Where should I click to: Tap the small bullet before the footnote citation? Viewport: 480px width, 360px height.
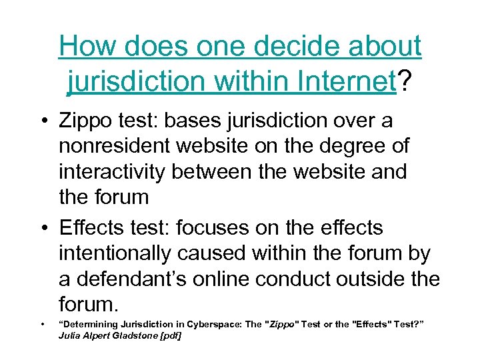pyautogui.click(x=42, y=325)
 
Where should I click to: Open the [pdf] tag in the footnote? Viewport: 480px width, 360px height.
pyautogui.click(x=170, y=335)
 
